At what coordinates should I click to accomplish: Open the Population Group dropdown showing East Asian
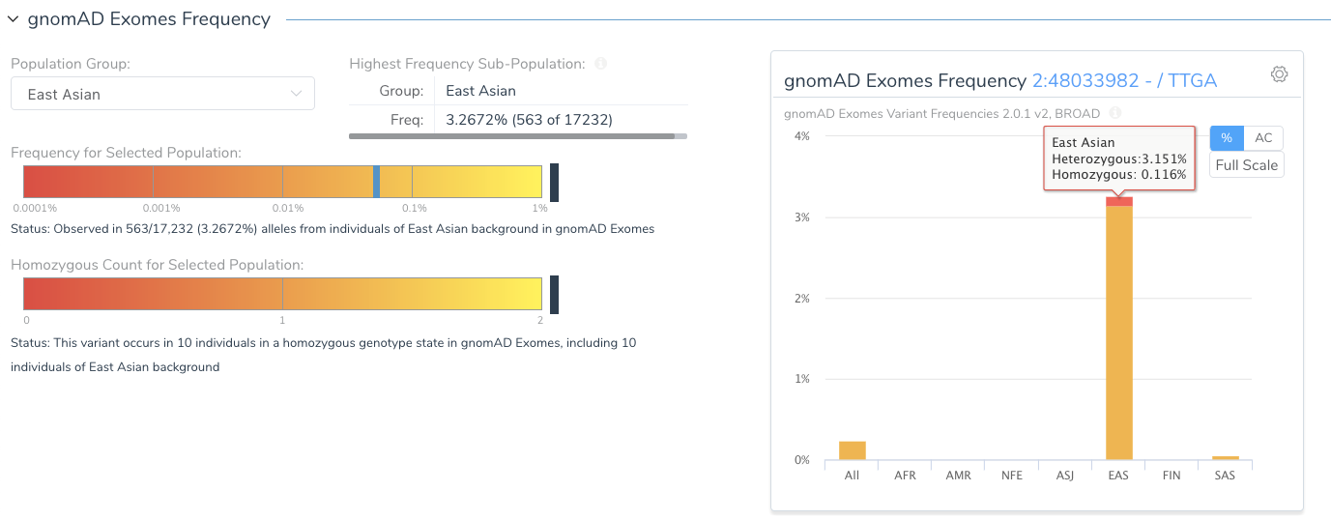tap(162, 94)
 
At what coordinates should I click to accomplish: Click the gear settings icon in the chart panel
tap(1279, 74)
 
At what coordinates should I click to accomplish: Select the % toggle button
tap(1226, 138)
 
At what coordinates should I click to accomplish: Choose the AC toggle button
tap(1263, 138)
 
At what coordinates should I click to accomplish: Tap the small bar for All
tap(852, 450)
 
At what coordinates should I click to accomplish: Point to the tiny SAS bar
tap(1225, 457)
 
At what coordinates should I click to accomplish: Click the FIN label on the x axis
tap(1172, 476)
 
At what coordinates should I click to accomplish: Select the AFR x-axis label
tap(905, 476)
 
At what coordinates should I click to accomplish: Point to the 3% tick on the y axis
tap(801, 217)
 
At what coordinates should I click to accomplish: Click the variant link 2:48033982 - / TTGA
tap(1124, 81)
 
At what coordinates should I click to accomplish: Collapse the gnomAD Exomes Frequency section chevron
tap(14, 18)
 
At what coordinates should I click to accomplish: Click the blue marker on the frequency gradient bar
tap(376, 182)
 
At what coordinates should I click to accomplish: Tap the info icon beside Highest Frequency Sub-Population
tap(600, 64)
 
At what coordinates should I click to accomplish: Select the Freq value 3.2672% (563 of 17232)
tap(529, 120)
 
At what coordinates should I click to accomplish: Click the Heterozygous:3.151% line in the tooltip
tap(1118, 159)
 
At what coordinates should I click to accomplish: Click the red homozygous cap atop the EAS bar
tap(1119, 201)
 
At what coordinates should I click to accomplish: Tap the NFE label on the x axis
tap(1012, 476)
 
